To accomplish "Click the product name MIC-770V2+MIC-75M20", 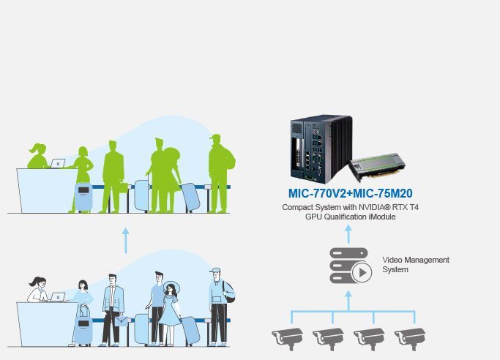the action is (350, 193).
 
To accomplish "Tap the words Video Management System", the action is (416, 264).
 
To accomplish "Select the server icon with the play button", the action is (351, 266).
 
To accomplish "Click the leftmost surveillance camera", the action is (288, 338).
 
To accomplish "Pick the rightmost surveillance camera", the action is (410, 338).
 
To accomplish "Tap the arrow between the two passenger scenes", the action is (126, 241).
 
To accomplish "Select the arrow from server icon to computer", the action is (348, 234).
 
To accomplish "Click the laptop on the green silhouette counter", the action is (58, 163).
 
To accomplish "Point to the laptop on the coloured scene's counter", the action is (58, 297).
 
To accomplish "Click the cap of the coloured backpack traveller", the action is (215, 271).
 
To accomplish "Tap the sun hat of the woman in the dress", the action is (172, 287).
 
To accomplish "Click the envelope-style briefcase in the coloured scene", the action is (122, 321).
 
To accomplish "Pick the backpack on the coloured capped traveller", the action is (229, 293).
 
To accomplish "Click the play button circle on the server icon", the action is (362, 273).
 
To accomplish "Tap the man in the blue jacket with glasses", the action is (112, 310).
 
